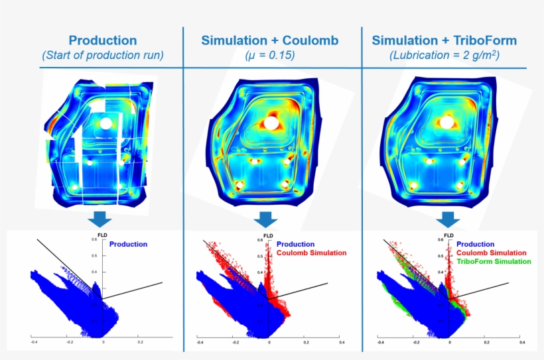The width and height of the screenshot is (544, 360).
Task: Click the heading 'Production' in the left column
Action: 103,40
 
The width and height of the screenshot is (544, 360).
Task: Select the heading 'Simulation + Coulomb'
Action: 270,40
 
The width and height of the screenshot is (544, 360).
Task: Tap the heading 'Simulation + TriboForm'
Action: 444,40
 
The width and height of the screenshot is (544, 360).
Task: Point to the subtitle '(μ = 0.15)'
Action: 270,56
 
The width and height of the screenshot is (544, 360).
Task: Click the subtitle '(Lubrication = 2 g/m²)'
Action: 444,56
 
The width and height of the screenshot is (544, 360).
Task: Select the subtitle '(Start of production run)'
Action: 103,56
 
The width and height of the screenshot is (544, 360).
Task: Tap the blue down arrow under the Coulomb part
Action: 266,219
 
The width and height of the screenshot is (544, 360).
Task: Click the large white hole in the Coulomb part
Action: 271,123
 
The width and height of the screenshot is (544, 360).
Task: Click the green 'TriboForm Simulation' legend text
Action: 494,262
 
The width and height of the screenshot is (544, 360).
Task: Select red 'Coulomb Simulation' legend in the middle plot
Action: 311,253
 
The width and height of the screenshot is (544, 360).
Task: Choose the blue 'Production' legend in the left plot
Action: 128,245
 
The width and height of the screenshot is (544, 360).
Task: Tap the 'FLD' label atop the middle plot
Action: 268,235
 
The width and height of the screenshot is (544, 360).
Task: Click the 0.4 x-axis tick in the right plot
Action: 522,343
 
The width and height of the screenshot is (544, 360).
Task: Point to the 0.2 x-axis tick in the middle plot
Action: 305,343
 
